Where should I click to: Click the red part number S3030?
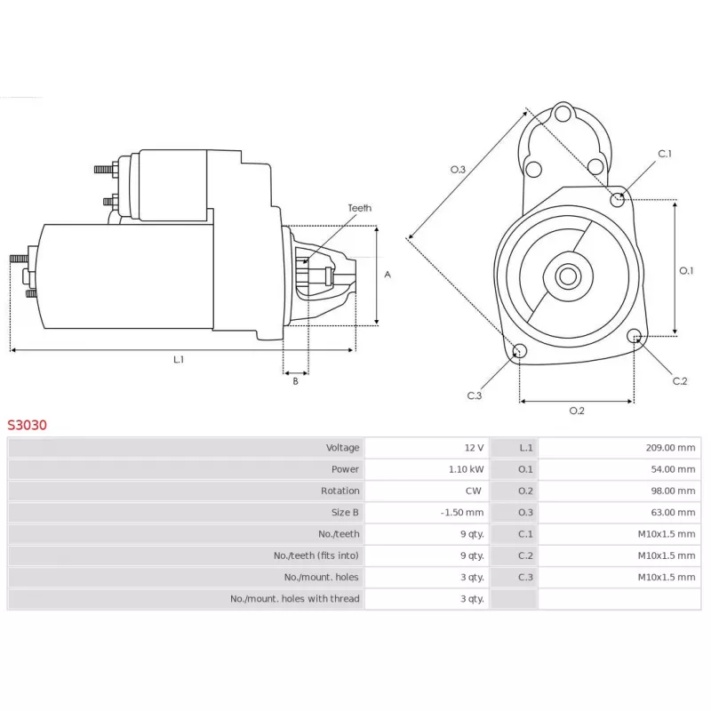click(27, 425)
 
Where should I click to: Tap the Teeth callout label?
click(360, 208)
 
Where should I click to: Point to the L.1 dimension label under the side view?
click(179, 360)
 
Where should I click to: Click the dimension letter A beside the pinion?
click(387, 275)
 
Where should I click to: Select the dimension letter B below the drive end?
click(295, 381)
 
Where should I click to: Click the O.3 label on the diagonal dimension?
click(458, 170)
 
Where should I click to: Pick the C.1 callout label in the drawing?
click(665, 154)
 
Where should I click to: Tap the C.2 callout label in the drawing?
click(680, 381)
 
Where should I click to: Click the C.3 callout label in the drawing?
click(475, 395)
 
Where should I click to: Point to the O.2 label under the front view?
click(577, 411)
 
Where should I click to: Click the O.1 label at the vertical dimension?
click(686, 271)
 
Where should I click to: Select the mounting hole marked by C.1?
click(617, 199)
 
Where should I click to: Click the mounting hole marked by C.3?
click(519, 350)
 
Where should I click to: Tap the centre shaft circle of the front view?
click(568, 276)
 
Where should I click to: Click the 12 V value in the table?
click(474, 448)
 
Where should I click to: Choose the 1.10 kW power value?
click(466, 469)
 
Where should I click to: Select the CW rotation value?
click(474, 491)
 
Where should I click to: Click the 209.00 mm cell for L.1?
click(670, 448)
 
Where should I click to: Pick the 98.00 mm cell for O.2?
click(673, 491)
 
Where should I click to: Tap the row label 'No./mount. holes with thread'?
click(295, 598)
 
